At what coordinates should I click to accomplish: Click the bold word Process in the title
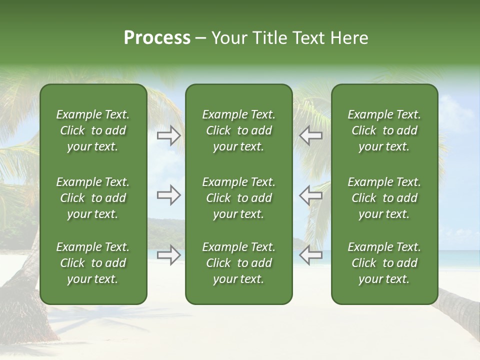coord(157,38)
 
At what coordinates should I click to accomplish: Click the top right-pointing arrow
coord(169,135)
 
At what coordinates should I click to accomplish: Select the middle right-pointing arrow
coord(169,195)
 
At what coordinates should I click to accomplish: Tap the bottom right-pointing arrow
coord(169,255)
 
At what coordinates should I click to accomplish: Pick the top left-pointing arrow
coord(310,135)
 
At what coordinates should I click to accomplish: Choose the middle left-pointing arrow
coord(310,195)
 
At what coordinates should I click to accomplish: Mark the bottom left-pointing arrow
coord(310,255)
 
